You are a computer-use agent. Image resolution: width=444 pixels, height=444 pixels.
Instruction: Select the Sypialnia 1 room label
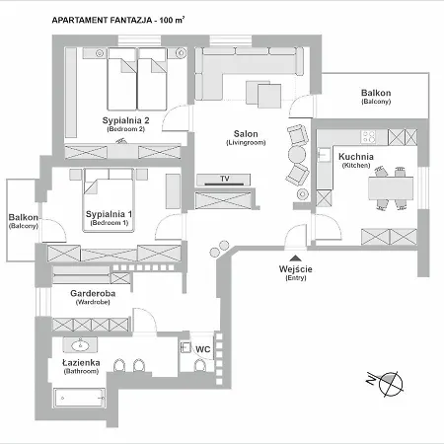pos(109,214)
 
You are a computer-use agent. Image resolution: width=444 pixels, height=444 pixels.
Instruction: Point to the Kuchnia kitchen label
pos(355,157)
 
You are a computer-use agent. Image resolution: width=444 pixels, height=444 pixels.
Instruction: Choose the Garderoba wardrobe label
pos(95,293)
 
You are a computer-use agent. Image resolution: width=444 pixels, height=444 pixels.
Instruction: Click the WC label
pos(203,348)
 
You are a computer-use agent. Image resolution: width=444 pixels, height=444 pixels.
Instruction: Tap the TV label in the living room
pos(225,180)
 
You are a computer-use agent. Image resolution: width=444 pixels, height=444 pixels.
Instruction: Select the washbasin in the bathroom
pos(79,345)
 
